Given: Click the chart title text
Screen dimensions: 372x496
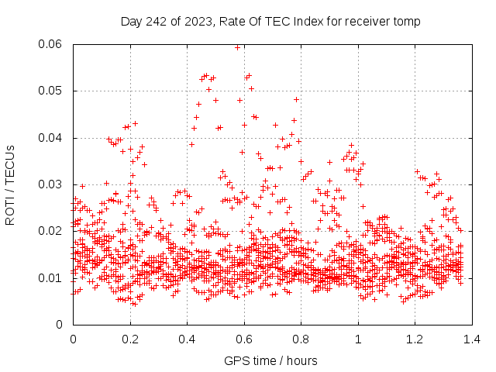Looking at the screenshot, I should click(x=270, y=21).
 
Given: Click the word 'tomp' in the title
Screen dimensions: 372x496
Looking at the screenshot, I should click(x=407, y=21).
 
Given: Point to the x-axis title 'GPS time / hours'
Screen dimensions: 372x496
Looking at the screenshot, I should click(x=270, y=360).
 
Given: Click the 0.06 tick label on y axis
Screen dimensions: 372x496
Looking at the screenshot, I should click(x=53, y=44).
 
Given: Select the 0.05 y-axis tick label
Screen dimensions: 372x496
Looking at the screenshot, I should click(x=53, y=91).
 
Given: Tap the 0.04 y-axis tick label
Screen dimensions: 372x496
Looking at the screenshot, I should click(x=53, y=138).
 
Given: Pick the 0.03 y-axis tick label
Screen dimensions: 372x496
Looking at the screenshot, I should click(x=53, y=184).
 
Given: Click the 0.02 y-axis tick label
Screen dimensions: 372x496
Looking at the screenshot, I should click(x=53, y=231).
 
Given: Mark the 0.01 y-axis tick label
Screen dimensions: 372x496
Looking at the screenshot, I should click(x=53, y=277).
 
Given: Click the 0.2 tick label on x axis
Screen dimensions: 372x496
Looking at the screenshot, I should click(x=130, y=339).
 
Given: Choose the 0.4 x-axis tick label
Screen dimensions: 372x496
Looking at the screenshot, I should click(x=187, y=339).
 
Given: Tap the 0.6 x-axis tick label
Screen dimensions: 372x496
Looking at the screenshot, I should click(x=244, y=339).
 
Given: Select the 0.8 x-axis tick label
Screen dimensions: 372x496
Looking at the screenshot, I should click(x=301, y=339).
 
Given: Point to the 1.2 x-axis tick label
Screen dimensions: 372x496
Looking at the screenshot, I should click(x=415, y=339).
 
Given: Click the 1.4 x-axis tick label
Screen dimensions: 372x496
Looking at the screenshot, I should click(x=472, y=339).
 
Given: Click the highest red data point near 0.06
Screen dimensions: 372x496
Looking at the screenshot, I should click(x=237, y=47).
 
